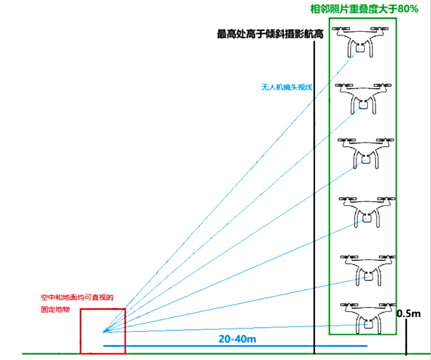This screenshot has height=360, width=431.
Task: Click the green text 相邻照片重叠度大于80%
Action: (x=364, y=9)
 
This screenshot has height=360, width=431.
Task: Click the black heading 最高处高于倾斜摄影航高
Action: (x=270, y=34)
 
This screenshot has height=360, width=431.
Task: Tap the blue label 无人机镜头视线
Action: (x=287, y=87)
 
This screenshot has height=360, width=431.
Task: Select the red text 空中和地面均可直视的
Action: (x=77, y=297)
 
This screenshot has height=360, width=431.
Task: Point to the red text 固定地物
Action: (x=55, y=309)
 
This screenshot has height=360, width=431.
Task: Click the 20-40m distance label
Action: (x=237, y=339)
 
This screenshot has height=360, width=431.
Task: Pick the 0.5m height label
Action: (x=409, y=313)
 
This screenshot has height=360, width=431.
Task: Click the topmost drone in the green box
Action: (x=360, y=41)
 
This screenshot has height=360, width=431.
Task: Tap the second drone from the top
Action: (x=363, y=99)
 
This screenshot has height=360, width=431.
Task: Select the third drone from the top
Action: (x=366, y=154)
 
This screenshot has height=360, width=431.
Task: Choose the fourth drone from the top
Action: (x=368, y=212)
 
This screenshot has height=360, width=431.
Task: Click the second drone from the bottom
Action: (x=368, y=270)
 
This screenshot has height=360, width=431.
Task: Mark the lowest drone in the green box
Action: (x=368, y=318)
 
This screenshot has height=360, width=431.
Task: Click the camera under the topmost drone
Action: (x=360, y=48)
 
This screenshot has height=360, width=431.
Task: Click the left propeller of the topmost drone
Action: (x=341, y=28)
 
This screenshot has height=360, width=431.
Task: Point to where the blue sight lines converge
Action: (x=104, y=332)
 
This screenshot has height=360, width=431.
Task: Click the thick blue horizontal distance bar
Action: (x=236, y=346)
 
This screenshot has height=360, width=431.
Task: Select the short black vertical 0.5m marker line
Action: (x=406, y=336)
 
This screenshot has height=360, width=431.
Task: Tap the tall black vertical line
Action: (x=314, y=197)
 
